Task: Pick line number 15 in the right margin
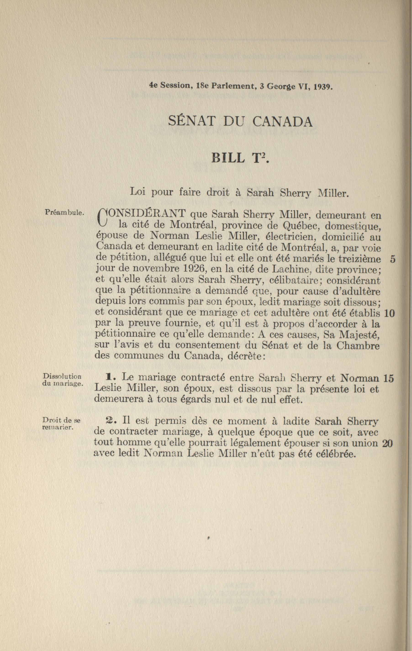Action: coord(388,378)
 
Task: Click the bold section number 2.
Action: coord(111,421)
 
